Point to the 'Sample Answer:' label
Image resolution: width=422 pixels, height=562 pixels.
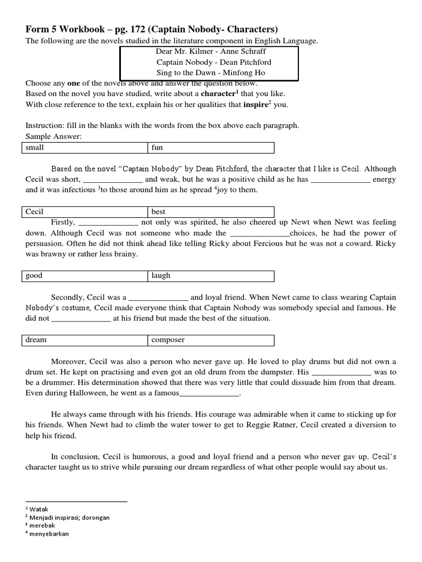point(53,136)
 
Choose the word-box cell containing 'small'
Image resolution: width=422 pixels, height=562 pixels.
point(85,148)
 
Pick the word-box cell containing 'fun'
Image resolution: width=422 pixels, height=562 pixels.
point(210,148)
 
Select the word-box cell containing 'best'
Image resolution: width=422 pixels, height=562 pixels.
point(210,211)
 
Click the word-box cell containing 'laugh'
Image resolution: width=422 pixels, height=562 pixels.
point(210,276)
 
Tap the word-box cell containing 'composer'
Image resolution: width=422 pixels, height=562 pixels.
point(210,340)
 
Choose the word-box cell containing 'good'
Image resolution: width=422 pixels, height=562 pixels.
point(85,276)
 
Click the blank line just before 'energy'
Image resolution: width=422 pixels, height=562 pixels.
point(341,180)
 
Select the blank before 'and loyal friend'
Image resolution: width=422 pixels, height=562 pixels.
point(158,297)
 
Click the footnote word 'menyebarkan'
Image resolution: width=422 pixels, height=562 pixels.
point(49,534)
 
